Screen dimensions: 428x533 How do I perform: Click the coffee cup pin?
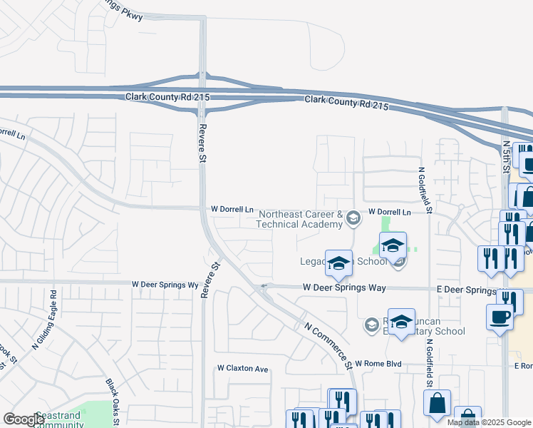pos(500,317)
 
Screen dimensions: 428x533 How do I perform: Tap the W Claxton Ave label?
pos(242,369)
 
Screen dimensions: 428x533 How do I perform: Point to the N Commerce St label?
pos(328,345)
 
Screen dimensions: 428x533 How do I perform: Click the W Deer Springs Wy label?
pos(165,284)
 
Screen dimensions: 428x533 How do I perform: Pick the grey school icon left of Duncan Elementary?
pos(371,325)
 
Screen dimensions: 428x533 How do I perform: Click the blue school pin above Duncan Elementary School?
pos(402,322)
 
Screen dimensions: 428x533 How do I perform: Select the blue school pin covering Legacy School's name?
pos(339,263)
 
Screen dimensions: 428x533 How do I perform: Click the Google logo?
pos(24,420)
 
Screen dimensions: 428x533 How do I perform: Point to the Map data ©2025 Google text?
pos(488,422)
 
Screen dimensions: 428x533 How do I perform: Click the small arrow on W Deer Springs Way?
pos(264,287)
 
